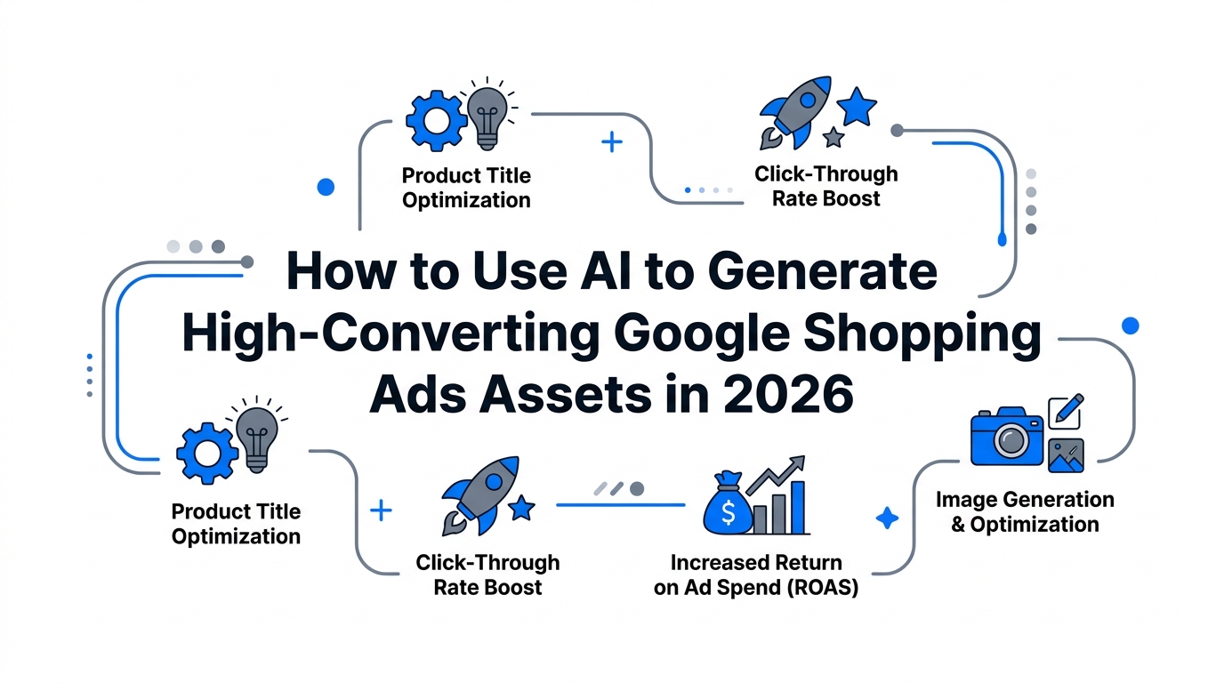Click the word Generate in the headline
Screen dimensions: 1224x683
point(822,271)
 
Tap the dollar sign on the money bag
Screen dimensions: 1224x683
point(728,513)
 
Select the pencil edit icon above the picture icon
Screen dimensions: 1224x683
point(1066,412)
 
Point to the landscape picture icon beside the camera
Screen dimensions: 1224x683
point(1066,455)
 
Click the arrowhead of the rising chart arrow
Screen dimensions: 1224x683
point(797,462)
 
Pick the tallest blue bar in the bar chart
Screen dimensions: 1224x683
point(798,507)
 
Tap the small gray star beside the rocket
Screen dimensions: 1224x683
point(833,137)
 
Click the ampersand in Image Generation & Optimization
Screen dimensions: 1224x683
point(958,525)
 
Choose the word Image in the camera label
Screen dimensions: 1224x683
point(965,500)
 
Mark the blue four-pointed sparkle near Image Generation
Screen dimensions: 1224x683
point(887,518)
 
